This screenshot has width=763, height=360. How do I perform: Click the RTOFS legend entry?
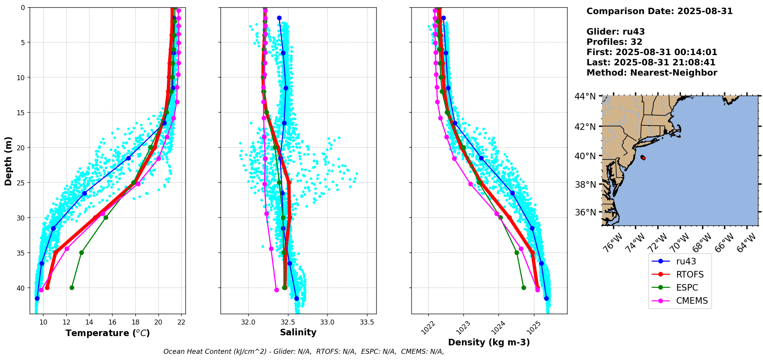(x=689, y=274)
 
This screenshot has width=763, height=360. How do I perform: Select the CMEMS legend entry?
(x=692, y=301)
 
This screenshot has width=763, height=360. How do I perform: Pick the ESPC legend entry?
(x=687, y=288)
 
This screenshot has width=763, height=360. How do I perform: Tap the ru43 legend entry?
(x=686, y=261)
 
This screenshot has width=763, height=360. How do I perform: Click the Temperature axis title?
(x=108, y=333)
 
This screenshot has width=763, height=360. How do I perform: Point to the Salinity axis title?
(x=298, y=332)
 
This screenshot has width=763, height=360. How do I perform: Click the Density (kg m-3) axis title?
(x=489, y=342)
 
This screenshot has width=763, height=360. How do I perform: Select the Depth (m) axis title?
(x=8, y=161)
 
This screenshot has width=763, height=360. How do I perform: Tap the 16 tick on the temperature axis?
(x=112, y=322)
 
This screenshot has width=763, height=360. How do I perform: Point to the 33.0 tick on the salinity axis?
(x=327, y=322)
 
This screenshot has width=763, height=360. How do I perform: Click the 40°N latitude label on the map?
(x=585, y=156)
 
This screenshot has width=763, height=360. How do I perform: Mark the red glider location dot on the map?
(x=643, y=158)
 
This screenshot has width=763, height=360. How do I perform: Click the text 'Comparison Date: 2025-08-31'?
(x=659, y=11)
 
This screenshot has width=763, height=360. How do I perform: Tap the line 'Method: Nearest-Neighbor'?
(x=652, y=73)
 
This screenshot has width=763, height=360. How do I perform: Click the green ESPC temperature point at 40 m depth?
(x=72, y=288)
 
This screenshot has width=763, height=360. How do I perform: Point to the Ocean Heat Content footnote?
(x=303, y=352)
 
